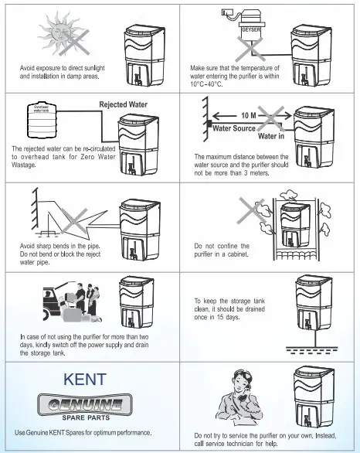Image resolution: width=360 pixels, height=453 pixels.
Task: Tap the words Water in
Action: click(271, 136)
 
